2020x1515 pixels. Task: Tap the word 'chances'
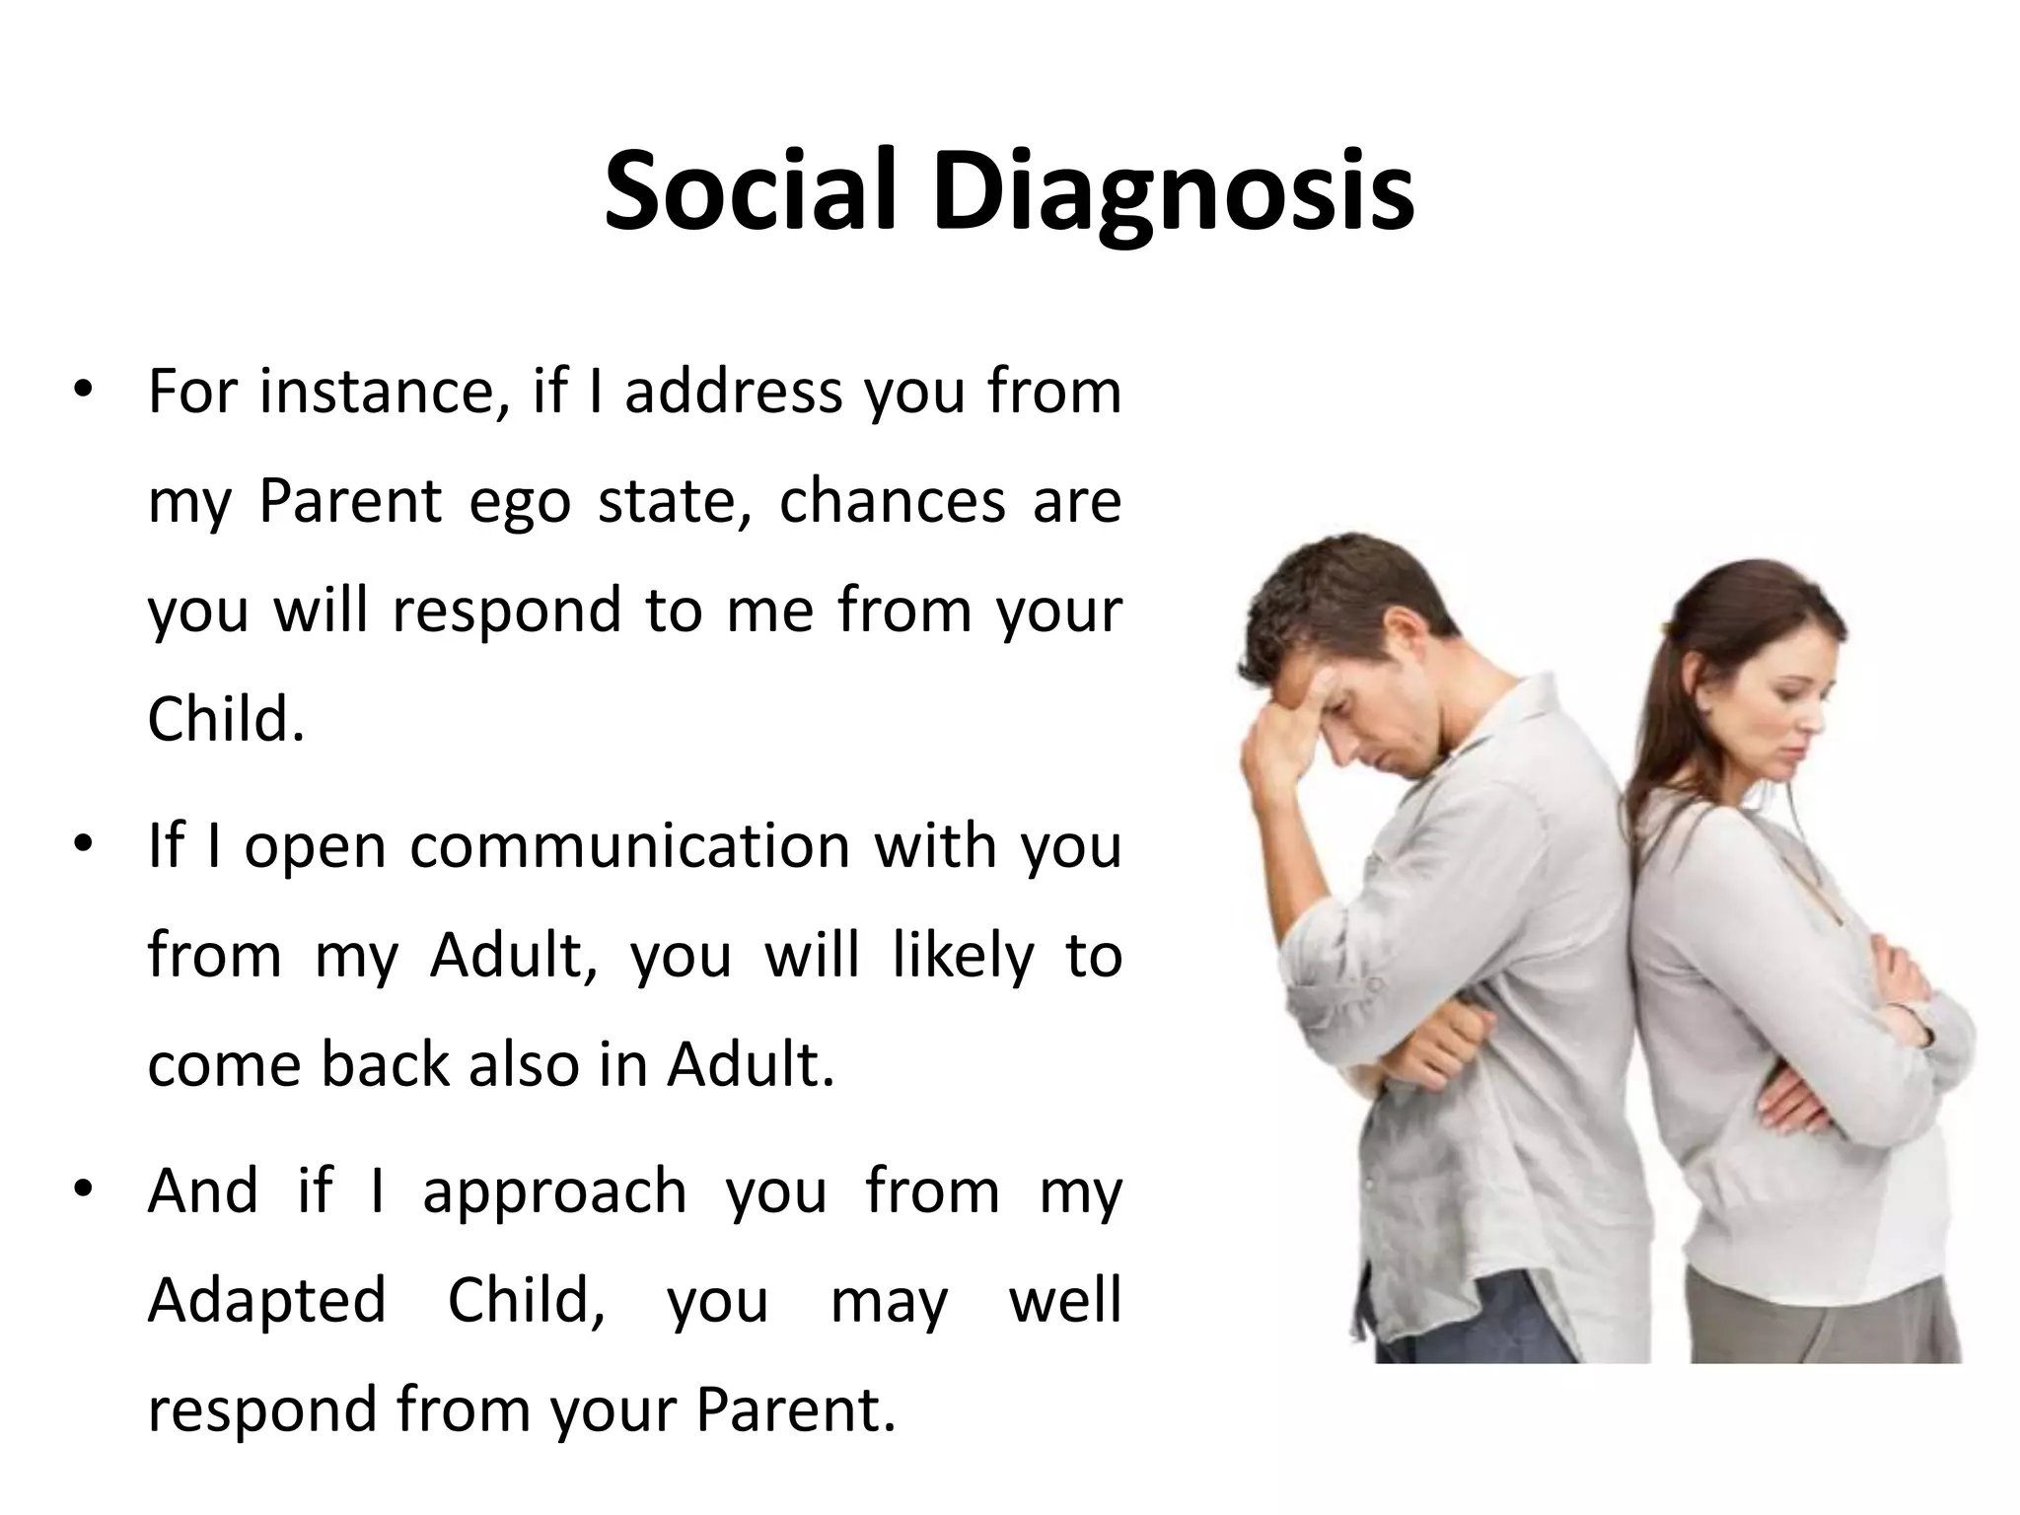click(892, 501)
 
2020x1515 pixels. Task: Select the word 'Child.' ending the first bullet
click(226, 720)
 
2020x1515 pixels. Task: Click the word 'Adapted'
click(266, 1300)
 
